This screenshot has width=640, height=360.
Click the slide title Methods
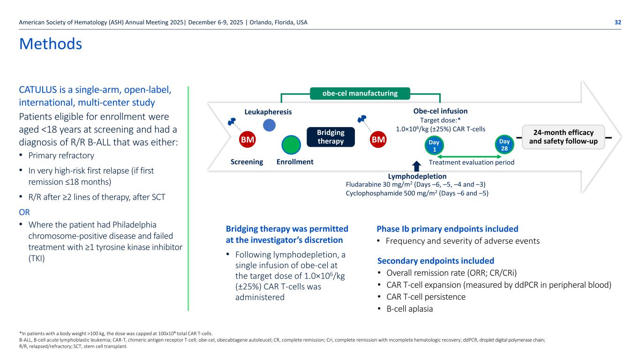(x=51, y=44)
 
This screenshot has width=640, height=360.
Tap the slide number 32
(x=618, y=22)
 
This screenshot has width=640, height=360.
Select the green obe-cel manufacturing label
(x=360, y=93)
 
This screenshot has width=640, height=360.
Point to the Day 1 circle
(x=433, y=145)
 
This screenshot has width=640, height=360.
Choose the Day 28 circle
(x=504, y=145)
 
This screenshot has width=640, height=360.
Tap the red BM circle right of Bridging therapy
(x=378, y=140)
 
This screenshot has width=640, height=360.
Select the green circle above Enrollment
(x=291, y=145)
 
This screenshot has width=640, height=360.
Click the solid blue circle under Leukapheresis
(x=270, y=125)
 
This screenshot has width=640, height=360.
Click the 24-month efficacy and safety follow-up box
(x=563, y=137)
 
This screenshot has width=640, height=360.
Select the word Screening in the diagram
(x=247, y=162)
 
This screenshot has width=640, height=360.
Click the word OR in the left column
(x=24, y=212)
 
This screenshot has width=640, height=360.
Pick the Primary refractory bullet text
(x=61, y=156)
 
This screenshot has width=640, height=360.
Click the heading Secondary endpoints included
(x=436, y=261)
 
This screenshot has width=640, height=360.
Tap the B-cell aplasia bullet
(x=410, y=309)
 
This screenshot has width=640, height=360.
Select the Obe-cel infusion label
(x=440, y=111)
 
